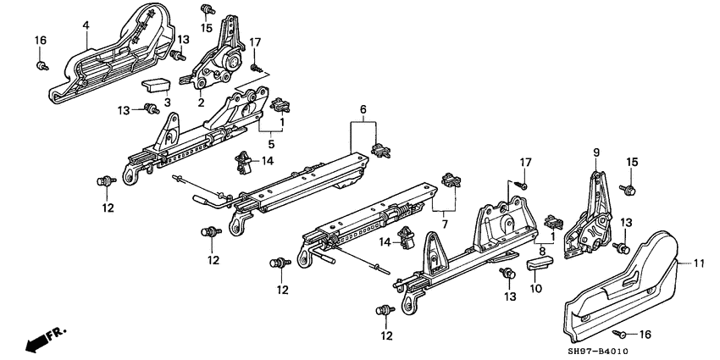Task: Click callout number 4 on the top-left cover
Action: [x=86, y=25]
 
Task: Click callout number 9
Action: [x=595, y=152]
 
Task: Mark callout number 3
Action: [x=167, y=102]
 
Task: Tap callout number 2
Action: [x=201, y=102]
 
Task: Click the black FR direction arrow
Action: [x=36, y=341]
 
